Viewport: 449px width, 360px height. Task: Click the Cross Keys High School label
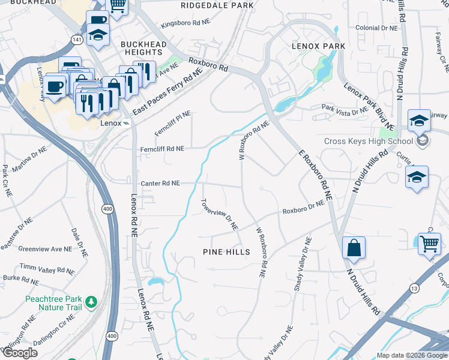tap(369, 141)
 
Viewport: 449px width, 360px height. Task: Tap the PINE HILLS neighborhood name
tap(226, 252)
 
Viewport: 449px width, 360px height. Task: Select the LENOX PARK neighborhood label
tap(318, 46)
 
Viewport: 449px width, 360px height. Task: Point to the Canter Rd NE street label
tap(160, 184)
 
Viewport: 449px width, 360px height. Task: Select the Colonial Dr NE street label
tap(376, 28)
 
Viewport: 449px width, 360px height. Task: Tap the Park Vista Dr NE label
tap(345, 110)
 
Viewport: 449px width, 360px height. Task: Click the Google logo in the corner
tap(19, 352)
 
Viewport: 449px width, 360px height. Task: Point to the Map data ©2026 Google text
tap(412, 355)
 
